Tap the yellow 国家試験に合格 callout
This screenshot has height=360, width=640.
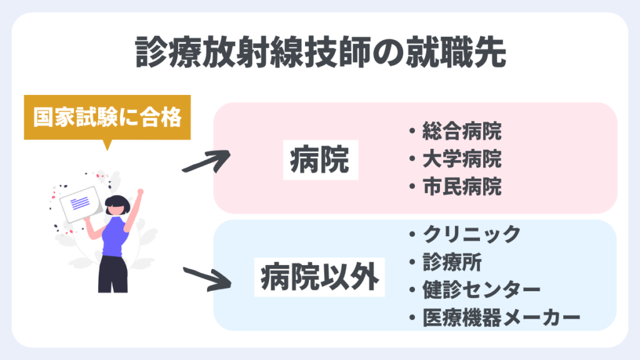(106, 117)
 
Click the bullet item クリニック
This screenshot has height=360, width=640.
(470, 234)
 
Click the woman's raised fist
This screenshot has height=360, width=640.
(141, 193)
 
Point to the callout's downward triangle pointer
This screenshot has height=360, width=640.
(107, 145)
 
